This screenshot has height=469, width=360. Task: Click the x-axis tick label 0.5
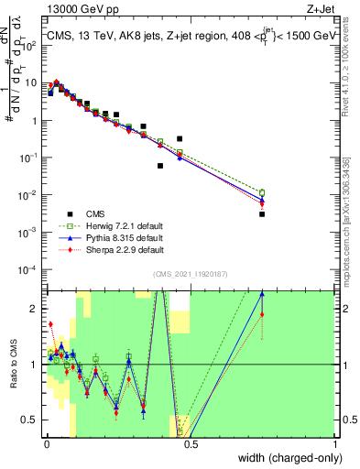190,446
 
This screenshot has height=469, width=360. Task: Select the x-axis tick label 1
334,446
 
